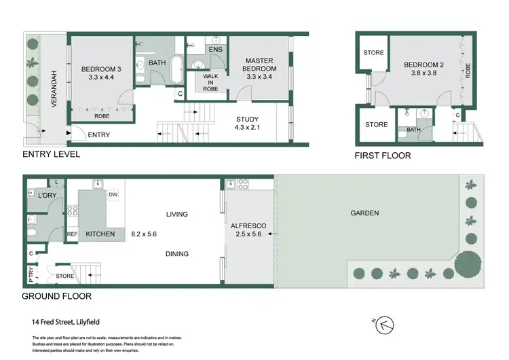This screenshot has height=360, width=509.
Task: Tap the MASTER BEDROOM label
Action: click(261, 64)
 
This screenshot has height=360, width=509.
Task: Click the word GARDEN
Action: click(364, 213)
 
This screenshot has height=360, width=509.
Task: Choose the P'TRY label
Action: click(31, 274)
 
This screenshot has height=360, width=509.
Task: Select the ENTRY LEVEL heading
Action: click(52, 154)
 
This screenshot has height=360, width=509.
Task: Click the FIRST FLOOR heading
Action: click(383, 155)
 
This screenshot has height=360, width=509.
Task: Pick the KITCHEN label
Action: click(101, 234)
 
